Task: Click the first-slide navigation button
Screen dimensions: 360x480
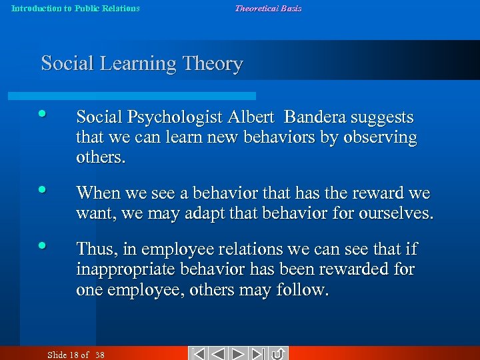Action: coord(197,353)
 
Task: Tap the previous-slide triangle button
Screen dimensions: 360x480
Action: coord(218,353)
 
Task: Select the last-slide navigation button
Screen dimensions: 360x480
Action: coord(259,353)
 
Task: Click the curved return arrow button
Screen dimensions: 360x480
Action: coord(278,353)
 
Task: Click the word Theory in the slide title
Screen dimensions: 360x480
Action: coord(214,64)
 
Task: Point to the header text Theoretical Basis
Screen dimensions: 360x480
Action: coord(267,9)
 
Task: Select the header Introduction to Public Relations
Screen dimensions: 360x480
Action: coord(75,9)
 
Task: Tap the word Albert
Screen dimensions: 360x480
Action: coord(251,118)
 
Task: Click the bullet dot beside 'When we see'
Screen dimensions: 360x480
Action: coord(43,189)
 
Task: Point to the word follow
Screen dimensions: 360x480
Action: coord(304,291)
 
